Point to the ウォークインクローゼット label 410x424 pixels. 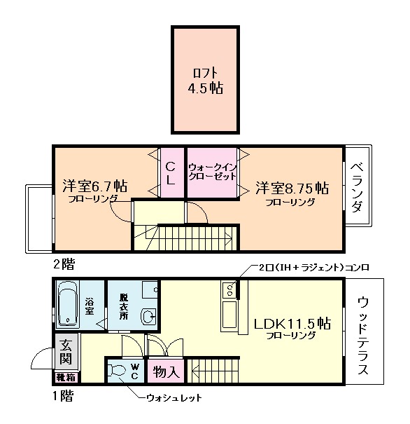point(212,172)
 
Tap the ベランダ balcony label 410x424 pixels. point(357,186)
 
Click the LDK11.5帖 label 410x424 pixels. point(292,327)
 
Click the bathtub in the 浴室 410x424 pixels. point(67,305)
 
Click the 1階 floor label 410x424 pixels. point(64,395)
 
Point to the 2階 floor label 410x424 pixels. point(63,264)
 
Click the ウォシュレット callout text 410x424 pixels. point(174,398)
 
